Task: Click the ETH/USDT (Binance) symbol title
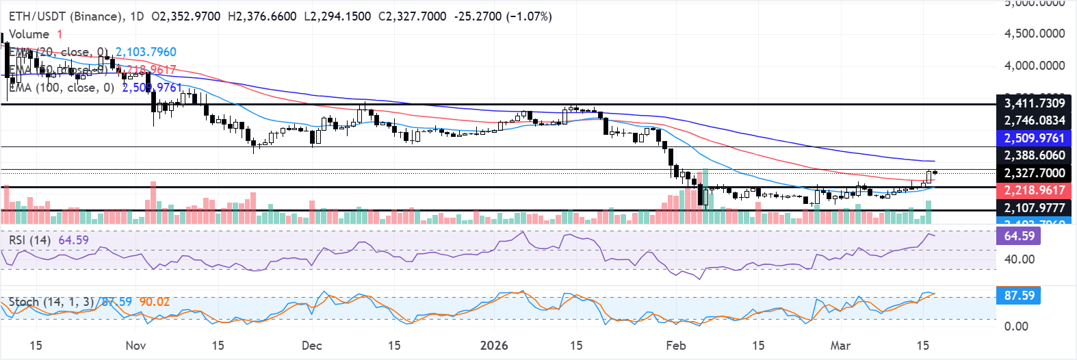pyautogui.click(x=66, y=16)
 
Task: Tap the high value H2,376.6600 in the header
pyautogui.click(x=299, y=16)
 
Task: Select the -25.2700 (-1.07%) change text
pyautogui.click(x=502, y=16)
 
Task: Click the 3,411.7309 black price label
pyautogui.click(x=1034, y=103)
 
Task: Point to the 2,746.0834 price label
pyautogui.click(x=1034, y=120)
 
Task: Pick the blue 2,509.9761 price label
pyautogui.click(x=1034, y=138)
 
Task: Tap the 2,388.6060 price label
pyautogui.click(x=1034, y=155)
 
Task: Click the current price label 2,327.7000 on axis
pyautogui.click(x=1034, y=173)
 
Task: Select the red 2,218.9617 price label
pyautogui.click(x=1034, y=190)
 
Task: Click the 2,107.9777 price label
pyautogui.click(x=1034, y=207)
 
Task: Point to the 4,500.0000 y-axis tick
pyautogui.click(x=1034, y=34)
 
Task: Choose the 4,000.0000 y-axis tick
pyautogui.click(x=1034, y=66)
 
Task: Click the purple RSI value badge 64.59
pyautogui.click(x=1019, y=236)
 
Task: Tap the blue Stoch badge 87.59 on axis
pyautogui.click(x=1019, y=296)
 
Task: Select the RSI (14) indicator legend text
pyautogui.click(x=30, y=240)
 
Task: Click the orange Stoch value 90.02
pyautogui.click(x=154, y=302)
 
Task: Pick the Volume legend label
pyautogui.click(x=29, y=34)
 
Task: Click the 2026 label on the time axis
pyautogui.click(x=494, y=346)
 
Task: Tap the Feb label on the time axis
pyautogui.click(x=676, y=346)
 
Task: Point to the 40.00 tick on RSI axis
pyautogui.click(x=1019, y=259)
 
